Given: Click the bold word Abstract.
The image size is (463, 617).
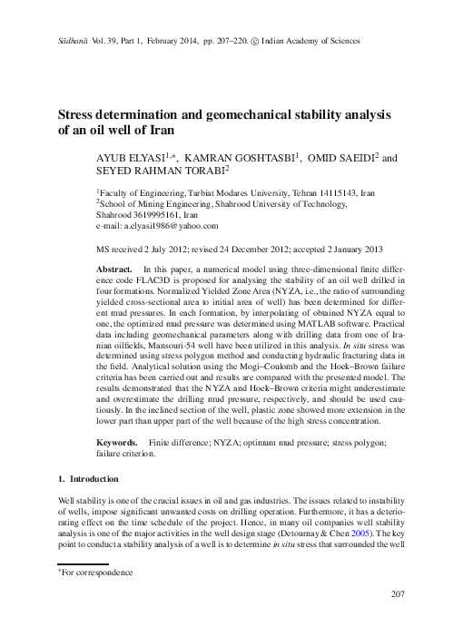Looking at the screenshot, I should click(x=113, y=271).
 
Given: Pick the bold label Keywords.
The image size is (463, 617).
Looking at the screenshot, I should click(x=117, y=441).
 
